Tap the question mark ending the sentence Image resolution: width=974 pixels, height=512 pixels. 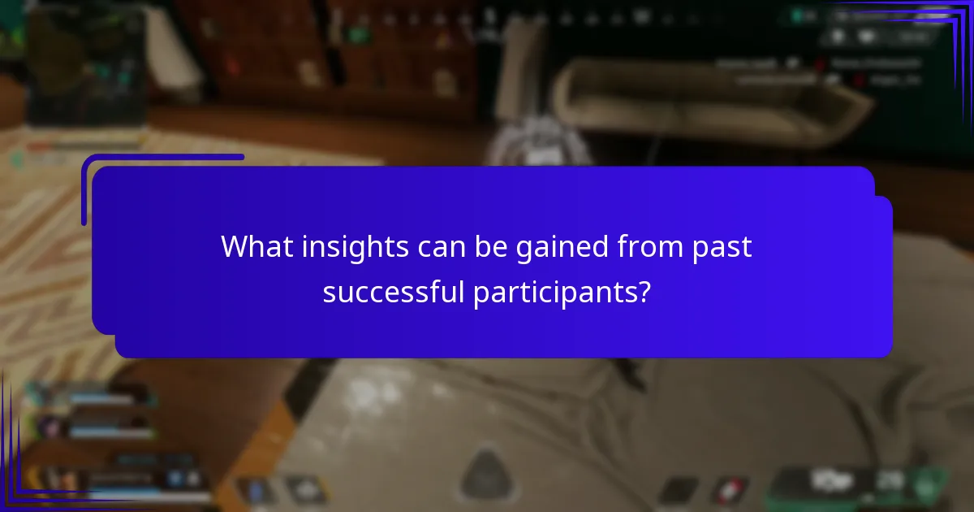click(x=644, y=292)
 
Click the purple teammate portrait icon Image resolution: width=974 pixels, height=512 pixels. click(x=50, y=424)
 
